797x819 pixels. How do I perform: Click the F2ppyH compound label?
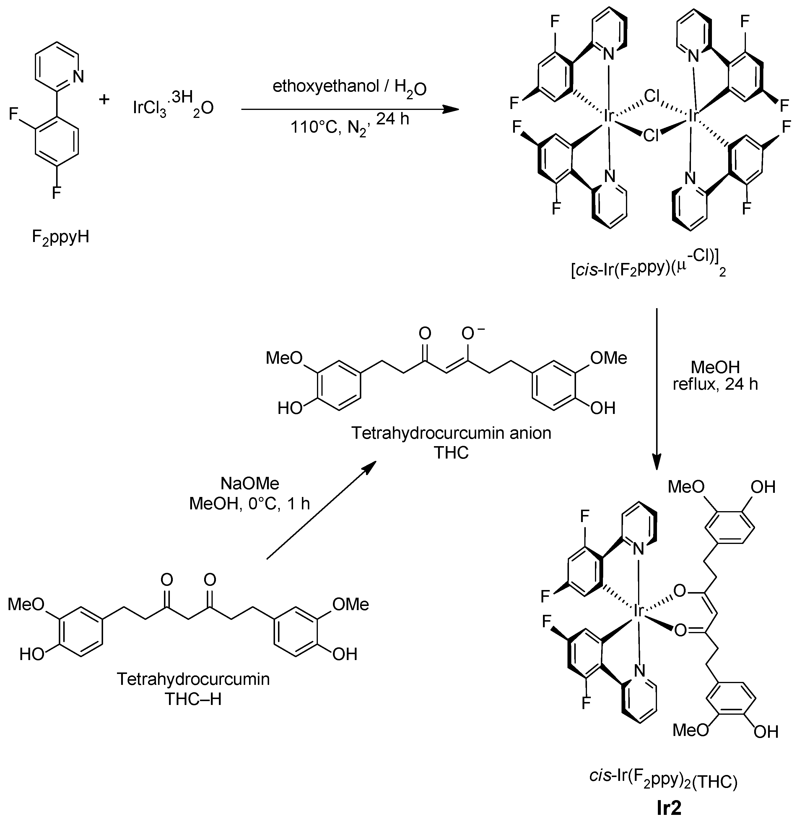(x=60, y=238)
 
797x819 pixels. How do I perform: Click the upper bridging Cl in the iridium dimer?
(x=651, y=96)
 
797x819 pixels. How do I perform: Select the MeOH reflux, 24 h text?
(x=715, y=375)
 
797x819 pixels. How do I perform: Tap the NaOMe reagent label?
(x=250, y=484)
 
